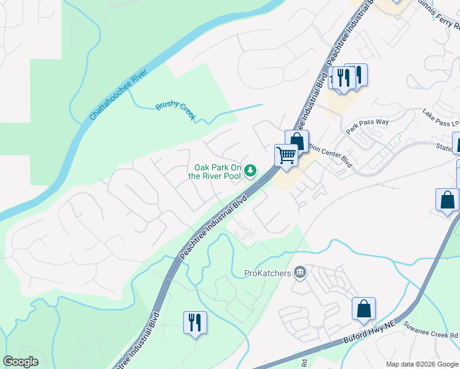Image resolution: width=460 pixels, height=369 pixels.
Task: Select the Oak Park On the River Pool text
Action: click(x=215, y=172)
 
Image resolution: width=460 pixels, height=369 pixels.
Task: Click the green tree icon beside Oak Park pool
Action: click(x=250, y=170)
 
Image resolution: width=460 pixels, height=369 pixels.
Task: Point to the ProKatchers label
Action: click(x=268, y=272)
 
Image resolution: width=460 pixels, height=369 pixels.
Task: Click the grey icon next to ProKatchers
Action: click(x=300, y=272)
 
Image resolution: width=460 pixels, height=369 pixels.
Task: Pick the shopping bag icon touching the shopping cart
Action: click(x=297, y=141)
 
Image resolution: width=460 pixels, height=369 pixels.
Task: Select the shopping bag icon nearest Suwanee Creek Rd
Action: click(x=363, y=309)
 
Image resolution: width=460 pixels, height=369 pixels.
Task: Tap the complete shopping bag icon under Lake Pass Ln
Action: click(x=447, y=200)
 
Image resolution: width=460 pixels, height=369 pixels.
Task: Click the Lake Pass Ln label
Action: click(x=440, y=118)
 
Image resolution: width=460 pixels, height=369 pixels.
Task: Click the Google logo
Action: click(x=21, y=362)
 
